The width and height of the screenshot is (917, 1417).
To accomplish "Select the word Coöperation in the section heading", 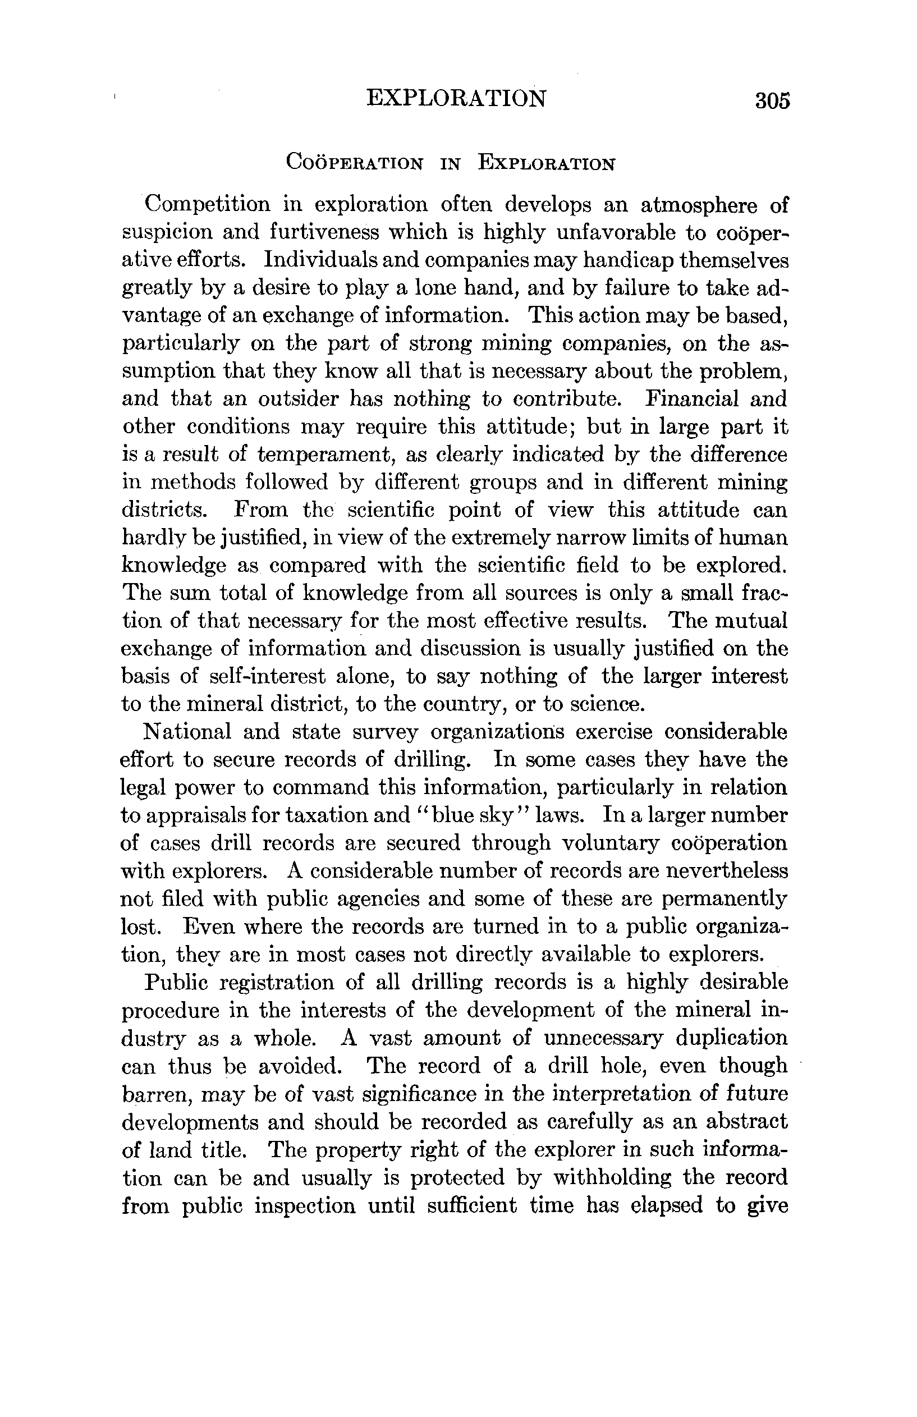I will (355, 162).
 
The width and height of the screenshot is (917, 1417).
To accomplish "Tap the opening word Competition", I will (207, 205).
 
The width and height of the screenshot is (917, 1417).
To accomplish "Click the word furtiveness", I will (324, 232).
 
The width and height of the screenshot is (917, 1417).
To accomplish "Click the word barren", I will (156, 1094).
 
